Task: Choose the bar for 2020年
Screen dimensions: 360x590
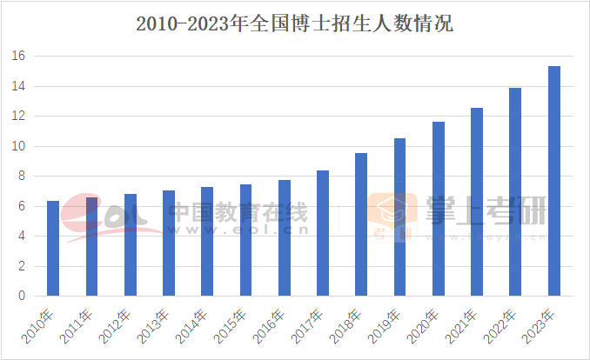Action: tap(439, 209)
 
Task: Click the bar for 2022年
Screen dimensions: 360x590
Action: tap(515, 192)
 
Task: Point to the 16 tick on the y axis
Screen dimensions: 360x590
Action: tap(19, 57)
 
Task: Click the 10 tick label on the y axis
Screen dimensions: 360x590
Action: tap(19, 146)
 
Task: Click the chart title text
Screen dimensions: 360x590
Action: tap(294, 23)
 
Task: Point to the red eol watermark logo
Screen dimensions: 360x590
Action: tap(96, 217)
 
